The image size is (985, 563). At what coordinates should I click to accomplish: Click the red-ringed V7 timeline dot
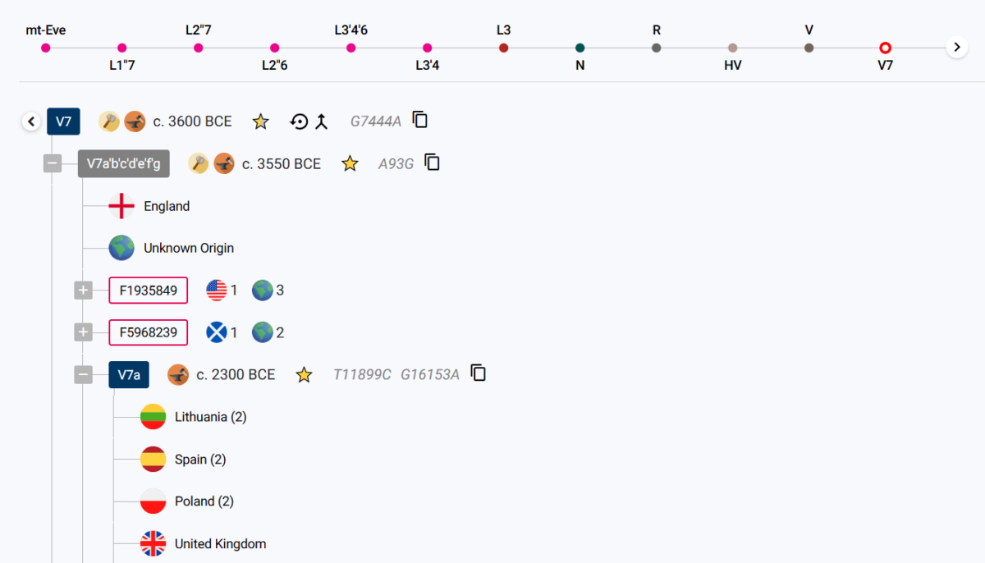tap(885, 48)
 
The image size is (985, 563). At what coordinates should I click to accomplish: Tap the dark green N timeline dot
tap(580, 48)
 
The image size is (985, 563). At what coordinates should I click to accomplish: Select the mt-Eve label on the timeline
tap(46, 30)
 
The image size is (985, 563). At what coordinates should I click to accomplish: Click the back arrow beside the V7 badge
tap(31, 121)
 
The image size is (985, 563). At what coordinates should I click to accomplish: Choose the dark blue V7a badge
tap(129, 375)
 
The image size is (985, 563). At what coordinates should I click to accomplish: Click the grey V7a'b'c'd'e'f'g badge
tap(124, 163)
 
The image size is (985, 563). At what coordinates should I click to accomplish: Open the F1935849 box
tap(149, 290)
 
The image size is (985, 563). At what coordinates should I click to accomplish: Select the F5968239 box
tap(149, 332)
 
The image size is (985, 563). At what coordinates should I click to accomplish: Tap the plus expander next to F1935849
tap(83, 290)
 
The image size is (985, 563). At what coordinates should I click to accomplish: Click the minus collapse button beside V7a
tap(83, 375)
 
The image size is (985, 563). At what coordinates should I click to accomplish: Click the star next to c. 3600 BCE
tap(260, 121)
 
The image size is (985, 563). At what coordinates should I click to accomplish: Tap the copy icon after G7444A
tap(420, 120)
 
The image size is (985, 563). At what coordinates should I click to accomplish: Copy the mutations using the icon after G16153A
tap(478, 373)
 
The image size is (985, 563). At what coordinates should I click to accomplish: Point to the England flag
tap(121, 206)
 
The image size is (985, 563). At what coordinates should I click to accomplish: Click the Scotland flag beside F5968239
tap(217, 332)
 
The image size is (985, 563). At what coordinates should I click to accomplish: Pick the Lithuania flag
tap(153, 417)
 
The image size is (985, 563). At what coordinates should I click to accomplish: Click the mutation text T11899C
tap(362, 374)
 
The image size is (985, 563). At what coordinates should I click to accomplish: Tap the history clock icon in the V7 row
tap(299, 121)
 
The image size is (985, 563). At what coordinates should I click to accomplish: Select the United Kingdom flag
tap(153, 543)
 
